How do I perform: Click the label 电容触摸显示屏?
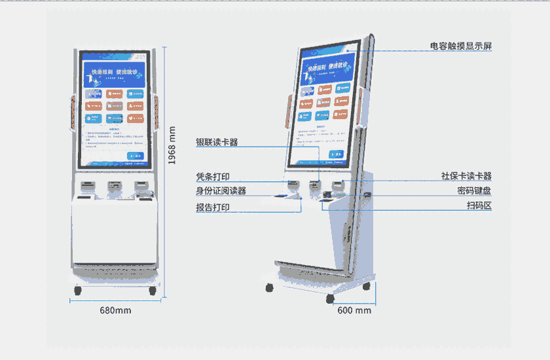tap(461, 46)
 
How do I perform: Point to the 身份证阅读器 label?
tap(221, 190)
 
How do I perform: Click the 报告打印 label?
tap(213, 207)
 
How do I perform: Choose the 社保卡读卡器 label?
tap(466, 176)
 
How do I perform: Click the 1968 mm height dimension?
tap(172, 145)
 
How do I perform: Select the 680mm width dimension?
tap(115, 310)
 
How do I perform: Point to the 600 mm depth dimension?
tap(354, 310)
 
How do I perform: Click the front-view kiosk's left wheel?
tap(77, 289)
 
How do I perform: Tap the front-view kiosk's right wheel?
tap(153, 289)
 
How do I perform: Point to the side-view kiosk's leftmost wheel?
tap(269, 287)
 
